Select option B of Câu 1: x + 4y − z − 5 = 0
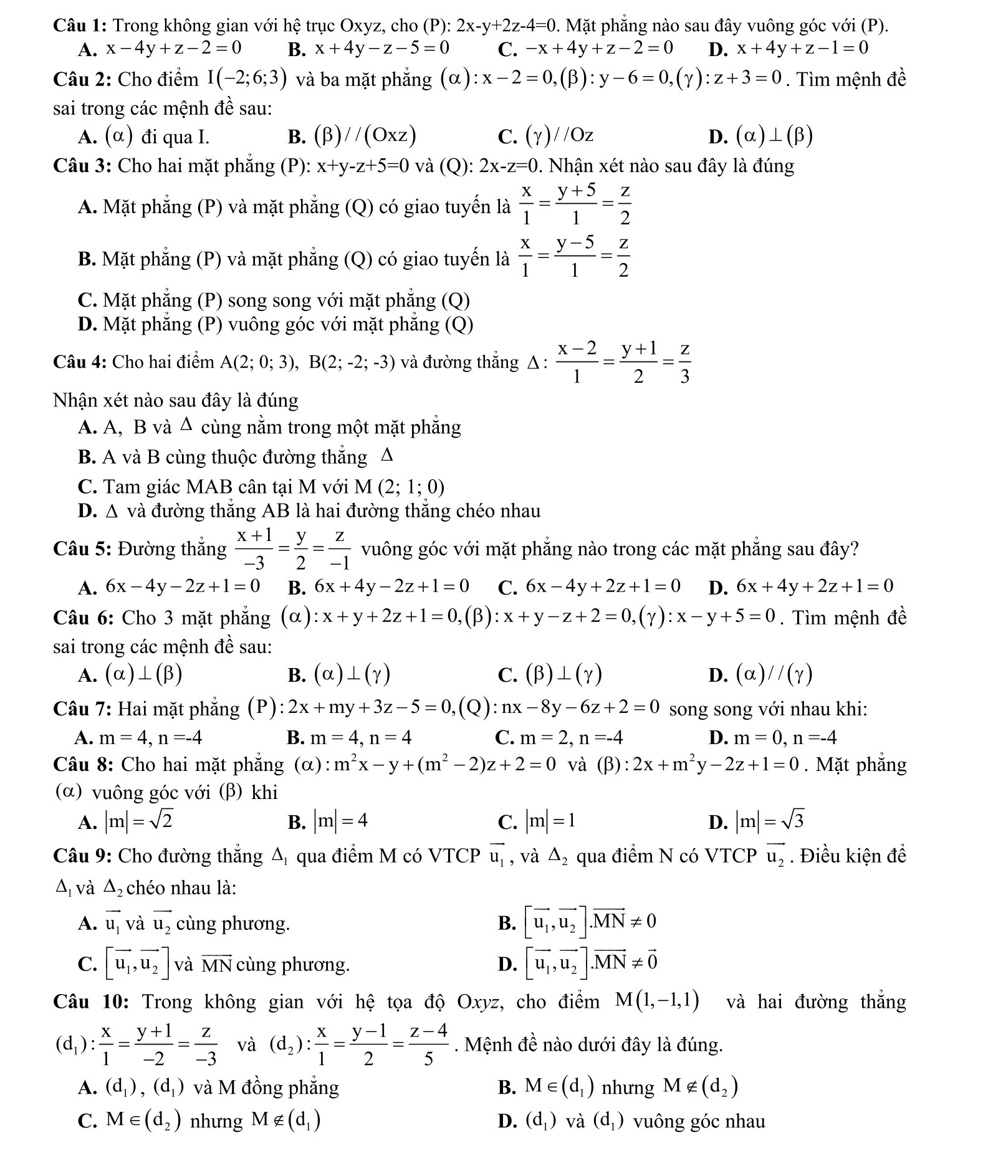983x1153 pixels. [x=381, y=48]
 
